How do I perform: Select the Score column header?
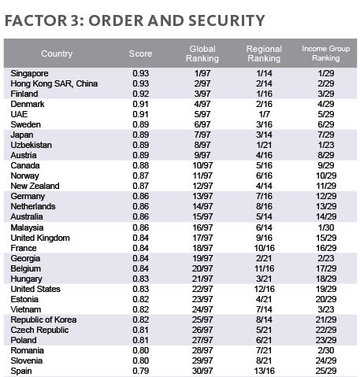point(140,54)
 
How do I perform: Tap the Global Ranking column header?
point(202,54)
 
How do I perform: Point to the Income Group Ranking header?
point(325,54)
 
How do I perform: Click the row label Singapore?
point(29,73)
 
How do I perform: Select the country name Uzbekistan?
point(31,145)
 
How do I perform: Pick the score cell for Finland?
point(141,94)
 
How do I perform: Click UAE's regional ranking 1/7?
point(264,114)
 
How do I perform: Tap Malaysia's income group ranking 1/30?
point(326,227)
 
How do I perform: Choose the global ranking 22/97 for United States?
point(202,289)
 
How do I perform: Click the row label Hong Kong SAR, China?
point(54,83)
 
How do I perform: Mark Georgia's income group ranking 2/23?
point(326,258)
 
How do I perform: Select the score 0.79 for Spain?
point(141,371)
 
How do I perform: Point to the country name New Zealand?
point(35,186)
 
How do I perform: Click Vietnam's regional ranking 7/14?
point(264,309)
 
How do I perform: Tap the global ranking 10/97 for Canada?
point(202,165)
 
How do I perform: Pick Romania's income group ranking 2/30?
point(326,350)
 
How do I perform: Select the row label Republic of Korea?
point(43,320)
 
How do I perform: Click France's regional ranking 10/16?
point(264,248)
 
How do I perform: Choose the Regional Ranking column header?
point(264,54)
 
